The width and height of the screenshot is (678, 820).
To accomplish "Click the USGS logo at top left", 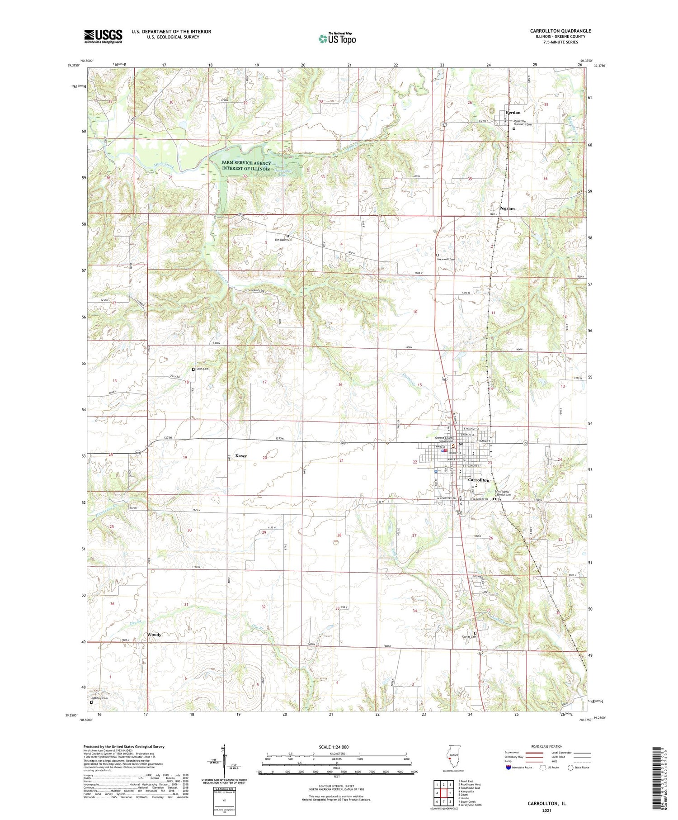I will pos(103,36).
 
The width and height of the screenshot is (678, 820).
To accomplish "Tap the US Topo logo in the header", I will pos(337,38).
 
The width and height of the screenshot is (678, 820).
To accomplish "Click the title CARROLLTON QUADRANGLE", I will pos(560,31).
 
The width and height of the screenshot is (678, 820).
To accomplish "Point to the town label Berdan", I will pos(513,112).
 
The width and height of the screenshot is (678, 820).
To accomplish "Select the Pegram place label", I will pos(507,209).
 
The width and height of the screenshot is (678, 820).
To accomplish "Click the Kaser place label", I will pos(241,456).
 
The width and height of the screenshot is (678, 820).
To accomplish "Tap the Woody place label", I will pos(154,635).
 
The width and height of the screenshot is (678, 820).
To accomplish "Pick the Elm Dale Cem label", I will pos(283,240).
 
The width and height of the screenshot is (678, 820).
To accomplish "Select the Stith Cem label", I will pos(202,369).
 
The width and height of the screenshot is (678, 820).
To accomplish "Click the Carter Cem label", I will pos(469,636).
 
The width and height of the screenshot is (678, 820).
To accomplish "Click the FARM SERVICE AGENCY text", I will pos(246,163).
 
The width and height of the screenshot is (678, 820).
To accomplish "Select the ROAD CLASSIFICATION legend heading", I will pos(547,746).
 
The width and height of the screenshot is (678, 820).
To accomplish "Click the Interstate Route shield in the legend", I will pos(509,768).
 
